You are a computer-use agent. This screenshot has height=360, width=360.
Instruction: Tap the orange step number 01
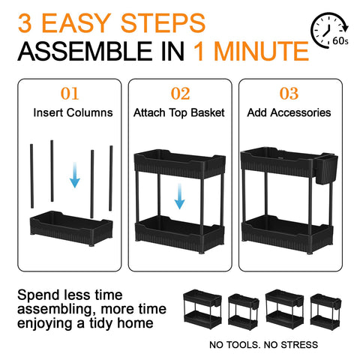70,94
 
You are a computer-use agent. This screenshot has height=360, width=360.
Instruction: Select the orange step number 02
180,94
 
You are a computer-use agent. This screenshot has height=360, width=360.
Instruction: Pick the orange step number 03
289,94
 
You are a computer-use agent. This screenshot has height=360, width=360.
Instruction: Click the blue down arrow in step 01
75,175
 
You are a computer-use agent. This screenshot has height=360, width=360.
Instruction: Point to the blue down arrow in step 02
179,196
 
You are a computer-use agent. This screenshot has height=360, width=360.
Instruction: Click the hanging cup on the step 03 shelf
325,169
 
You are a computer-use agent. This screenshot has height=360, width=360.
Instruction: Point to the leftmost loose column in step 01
31,176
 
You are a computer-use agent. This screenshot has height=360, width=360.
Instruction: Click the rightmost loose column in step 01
111,178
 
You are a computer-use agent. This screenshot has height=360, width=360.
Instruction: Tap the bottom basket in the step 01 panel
71,229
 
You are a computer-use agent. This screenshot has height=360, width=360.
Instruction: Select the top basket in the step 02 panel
180,163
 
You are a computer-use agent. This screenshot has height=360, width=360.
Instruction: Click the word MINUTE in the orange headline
251,52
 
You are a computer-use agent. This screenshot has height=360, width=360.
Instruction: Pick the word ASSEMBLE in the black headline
85,52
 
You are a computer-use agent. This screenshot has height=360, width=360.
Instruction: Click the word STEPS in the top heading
163,23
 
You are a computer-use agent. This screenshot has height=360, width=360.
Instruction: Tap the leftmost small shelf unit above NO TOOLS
202,309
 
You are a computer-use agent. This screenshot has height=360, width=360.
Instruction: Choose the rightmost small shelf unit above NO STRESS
325,312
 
